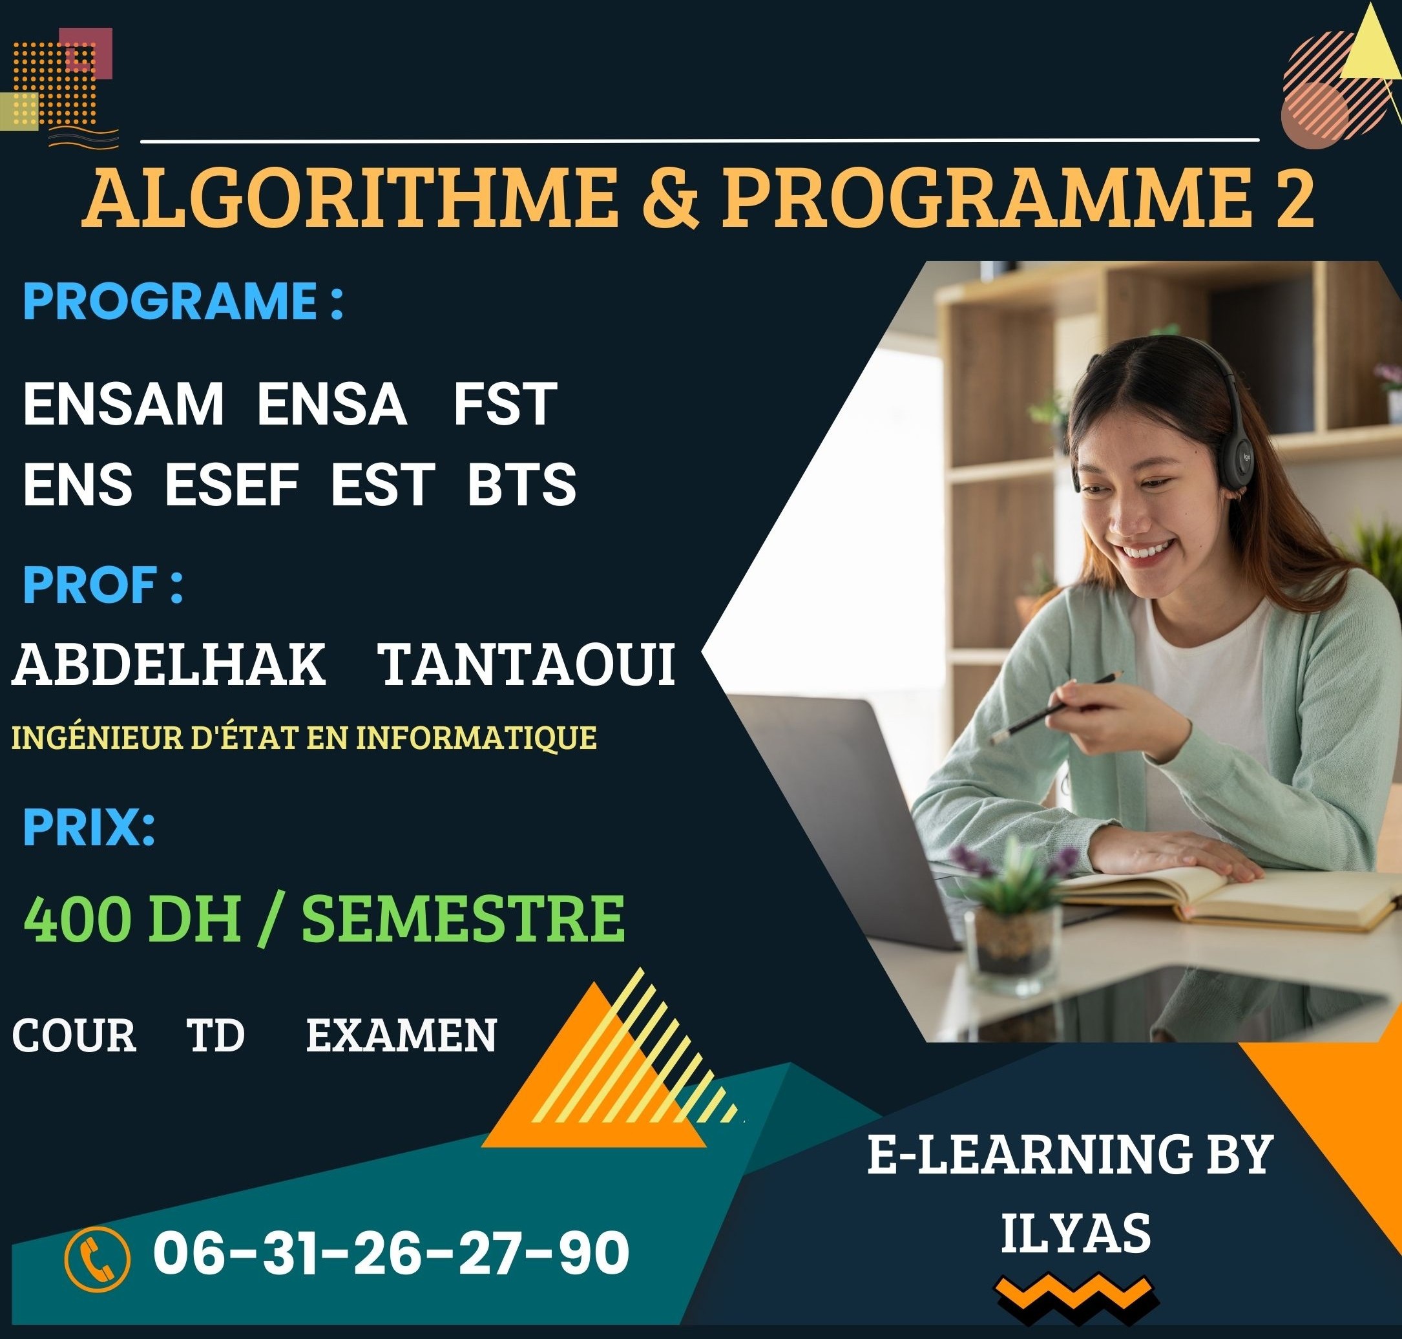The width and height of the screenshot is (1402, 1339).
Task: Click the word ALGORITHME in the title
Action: [350, 197]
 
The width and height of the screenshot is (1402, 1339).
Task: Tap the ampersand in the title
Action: [669, 197]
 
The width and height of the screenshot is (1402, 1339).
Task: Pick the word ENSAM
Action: [123, 405]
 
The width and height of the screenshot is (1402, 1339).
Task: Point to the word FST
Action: [505, 405]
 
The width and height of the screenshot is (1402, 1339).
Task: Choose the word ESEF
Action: [232, 485]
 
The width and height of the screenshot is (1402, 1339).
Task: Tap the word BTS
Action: [521, 485]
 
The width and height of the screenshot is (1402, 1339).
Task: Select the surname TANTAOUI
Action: [528, 665]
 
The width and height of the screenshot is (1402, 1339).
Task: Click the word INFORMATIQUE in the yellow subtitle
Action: [476, 738]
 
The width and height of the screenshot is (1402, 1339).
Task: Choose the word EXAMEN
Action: [401, 1036]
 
